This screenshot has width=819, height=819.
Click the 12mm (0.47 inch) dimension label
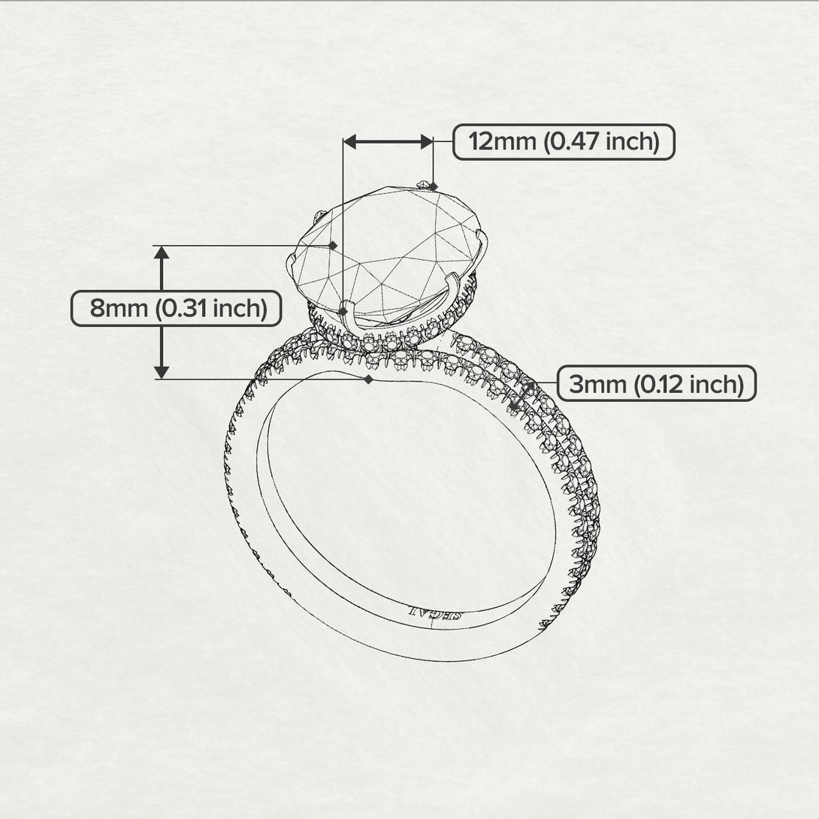point(564,141)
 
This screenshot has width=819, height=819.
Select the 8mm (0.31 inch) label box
point(177,308)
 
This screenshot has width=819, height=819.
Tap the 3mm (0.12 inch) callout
point(656,384)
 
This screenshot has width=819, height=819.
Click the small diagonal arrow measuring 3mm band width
point(523,396)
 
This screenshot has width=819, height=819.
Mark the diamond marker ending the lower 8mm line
point(368,380)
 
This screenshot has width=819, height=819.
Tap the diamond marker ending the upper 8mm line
point(333,245)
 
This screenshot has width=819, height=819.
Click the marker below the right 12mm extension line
point(433,186)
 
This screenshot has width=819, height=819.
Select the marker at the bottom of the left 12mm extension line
point(343,310)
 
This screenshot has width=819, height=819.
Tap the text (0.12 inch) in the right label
point(688,384)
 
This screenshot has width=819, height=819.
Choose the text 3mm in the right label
point(597,384)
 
